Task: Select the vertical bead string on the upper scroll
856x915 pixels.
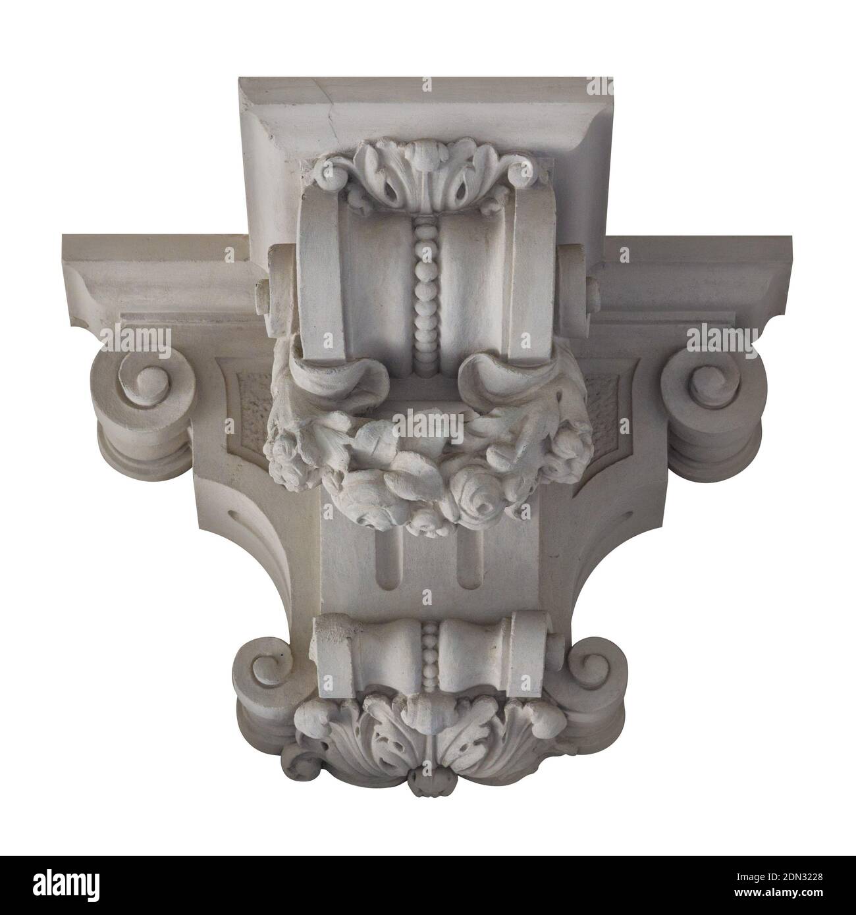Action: (427, 295)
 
